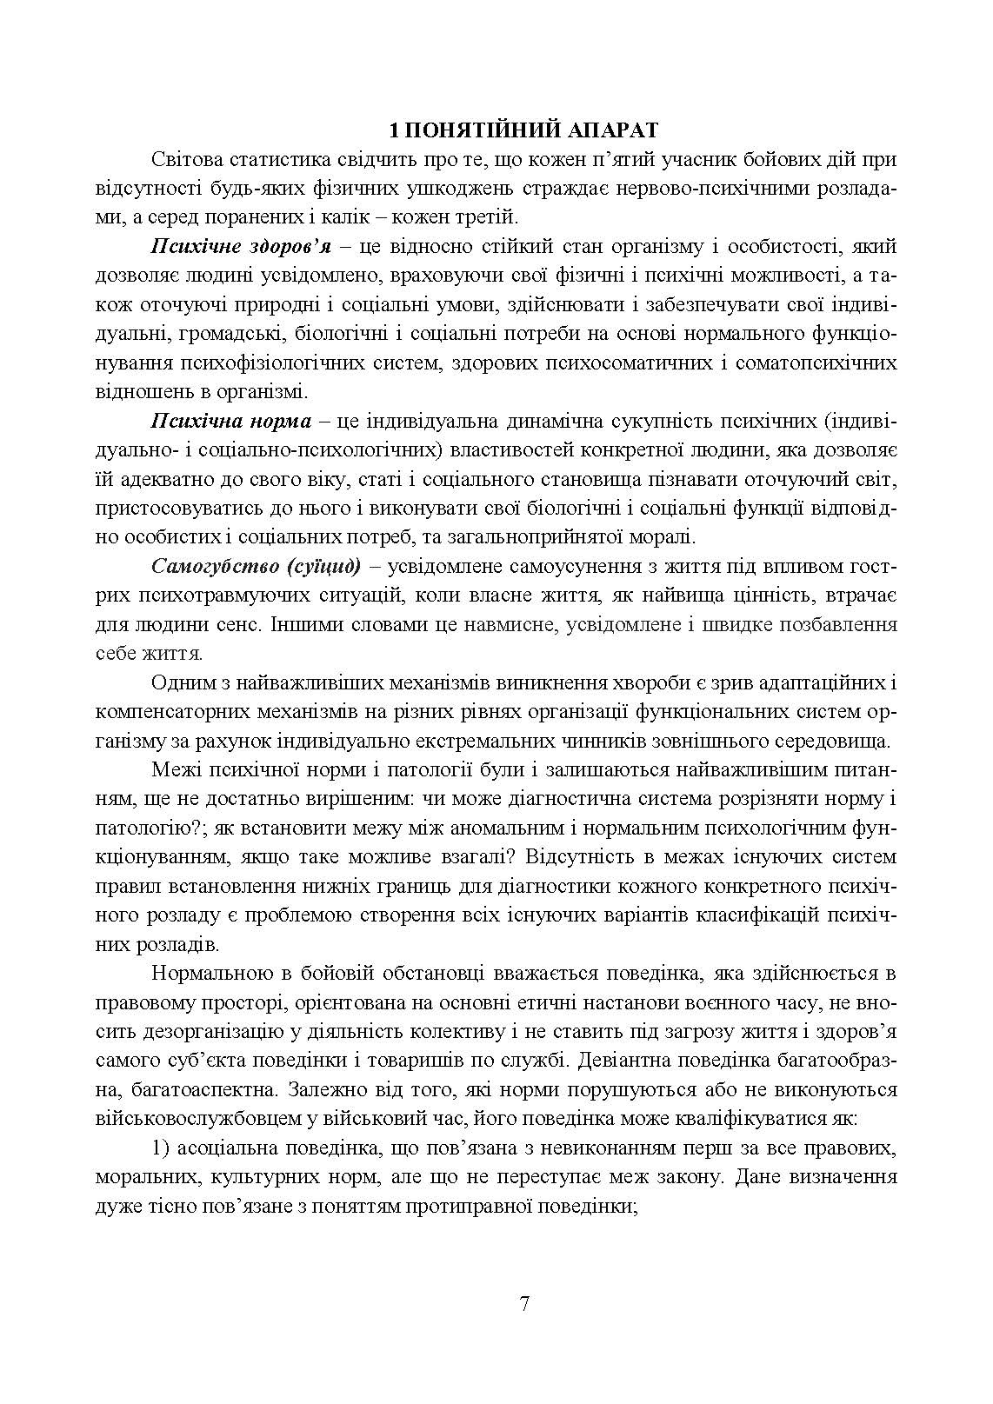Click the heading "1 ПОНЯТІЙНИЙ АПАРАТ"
(523, 131)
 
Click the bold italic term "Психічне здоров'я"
(242, 247)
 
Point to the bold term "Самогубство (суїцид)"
(256, 567)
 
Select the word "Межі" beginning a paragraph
(171, 770)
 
